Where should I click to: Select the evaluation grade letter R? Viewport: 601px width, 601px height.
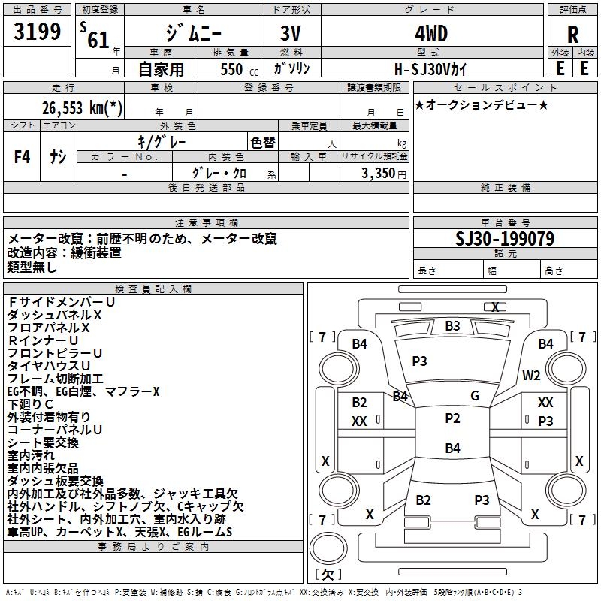click(572, 35)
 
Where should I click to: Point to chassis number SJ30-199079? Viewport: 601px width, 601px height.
click(505, 239)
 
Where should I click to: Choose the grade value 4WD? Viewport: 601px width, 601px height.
click(430, 35)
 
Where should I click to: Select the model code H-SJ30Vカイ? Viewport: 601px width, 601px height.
click(430, 68)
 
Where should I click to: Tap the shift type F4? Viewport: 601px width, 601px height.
click(23, 157)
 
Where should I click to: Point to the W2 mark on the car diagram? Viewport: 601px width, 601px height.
click(532, 376)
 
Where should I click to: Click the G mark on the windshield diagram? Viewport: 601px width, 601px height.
click(475, 396)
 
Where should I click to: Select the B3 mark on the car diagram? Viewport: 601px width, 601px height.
click(452, 326)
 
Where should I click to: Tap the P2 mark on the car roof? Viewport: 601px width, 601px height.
click(452, 418)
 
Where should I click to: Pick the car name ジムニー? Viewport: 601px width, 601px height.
click(193, 35)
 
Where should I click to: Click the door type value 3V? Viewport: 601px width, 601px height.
click(291, 35)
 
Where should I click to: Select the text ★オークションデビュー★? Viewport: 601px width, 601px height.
click(482, 104)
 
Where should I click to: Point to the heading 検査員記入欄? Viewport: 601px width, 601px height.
click(153, 288)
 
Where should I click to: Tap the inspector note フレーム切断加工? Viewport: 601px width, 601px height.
click(56, 379)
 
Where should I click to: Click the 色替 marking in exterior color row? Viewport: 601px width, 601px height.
click(262, 142)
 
